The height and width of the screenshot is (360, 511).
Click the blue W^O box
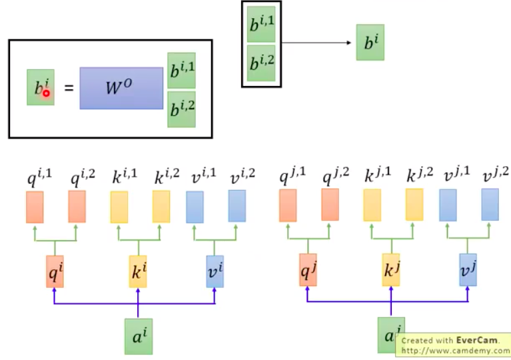[x=121, y=88]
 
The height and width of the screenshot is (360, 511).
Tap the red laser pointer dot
[x=46, y=93]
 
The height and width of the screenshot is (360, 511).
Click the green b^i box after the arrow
[x=370, y=43]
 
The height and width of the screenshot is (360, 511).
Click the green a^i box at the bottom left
[x=138, y=336]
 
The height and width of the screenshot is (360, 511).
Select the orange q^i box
[x=55, y=271]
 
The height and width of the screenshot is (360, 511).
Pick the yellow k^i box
[x=138, y=271]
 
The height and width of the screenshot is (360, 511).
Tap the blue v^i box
[x=215, y=271]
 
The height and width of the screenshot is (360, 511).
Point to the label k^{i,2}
[x=167, y=177]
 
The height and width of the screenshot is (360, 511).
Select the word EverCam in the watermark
[x=474, y=339]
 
